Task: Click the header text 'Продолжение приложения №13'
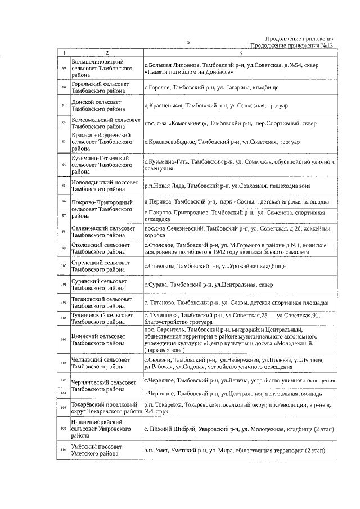click(x=292, y=46)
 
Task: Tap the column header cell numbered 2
click(x=106, y=53)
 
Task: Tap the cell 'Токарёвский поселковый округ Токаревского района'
click(x=106, y=407)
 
